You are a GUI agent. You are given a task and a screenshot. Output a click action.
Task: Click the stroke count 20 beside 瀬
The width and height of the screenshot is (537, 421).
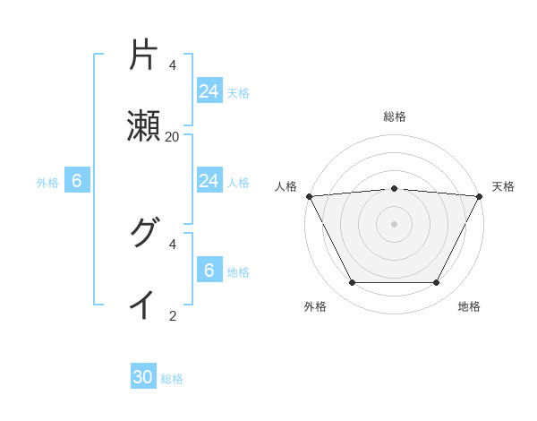[172, 136]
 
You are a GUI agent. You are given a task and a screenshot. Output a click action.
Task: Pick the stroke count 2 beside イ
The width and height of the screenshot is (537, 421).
[172, 315]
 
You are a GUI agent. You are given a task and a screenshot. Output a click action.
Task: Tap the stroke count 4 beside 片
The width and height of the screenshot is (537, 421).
[172, 64]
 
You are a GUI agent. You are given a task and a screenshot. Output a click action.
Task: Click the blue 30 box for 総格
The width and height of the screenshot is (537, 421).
[143, 377]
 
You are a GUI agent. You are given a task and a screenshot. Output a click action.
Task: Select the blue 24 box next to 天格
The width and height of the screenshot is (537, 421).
[209, 90]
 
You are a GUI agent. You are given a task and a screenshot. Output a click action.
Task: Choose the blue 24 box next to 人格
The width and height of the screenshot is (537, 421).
[209, 181]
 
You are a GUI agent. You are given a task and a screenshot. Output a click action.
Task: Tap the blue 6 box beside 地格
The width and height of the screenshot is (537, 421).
[209, 271]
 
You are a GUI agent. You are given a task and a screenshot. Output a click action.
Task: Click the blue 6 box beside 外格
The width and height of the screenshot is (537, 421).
[77, 181]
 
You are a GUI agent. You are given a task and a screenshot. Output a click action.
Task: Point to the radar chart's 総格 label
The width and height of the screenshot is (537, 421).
[395, 116]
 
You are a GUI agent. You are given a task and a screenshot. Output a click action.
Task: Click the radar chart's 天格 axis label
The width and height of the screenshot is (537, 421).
[503, 186]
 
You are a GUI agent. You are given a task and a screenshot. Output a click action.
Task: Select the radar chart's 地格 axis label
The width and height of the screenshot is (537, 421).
[469, 306]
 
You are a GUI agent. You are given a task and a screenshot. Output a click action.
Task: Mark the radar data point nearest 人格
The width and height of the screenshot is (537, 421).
[309, 195]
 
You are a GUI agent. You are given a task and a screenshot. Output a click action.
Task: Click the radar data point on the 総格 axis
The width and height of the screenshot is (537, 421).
[395, 188]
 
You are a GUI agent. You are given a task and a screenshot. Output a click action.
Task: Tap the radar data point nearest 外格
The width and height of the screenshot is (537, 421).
[352, 283]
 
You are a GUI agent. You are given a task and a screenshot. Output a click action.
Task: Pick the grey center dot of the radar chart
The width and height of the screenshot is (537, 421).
[395, 223]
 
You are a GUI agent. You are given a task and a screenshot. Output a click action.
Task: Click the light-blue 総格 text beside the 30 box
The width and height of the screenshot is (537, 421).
[172, 379]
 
